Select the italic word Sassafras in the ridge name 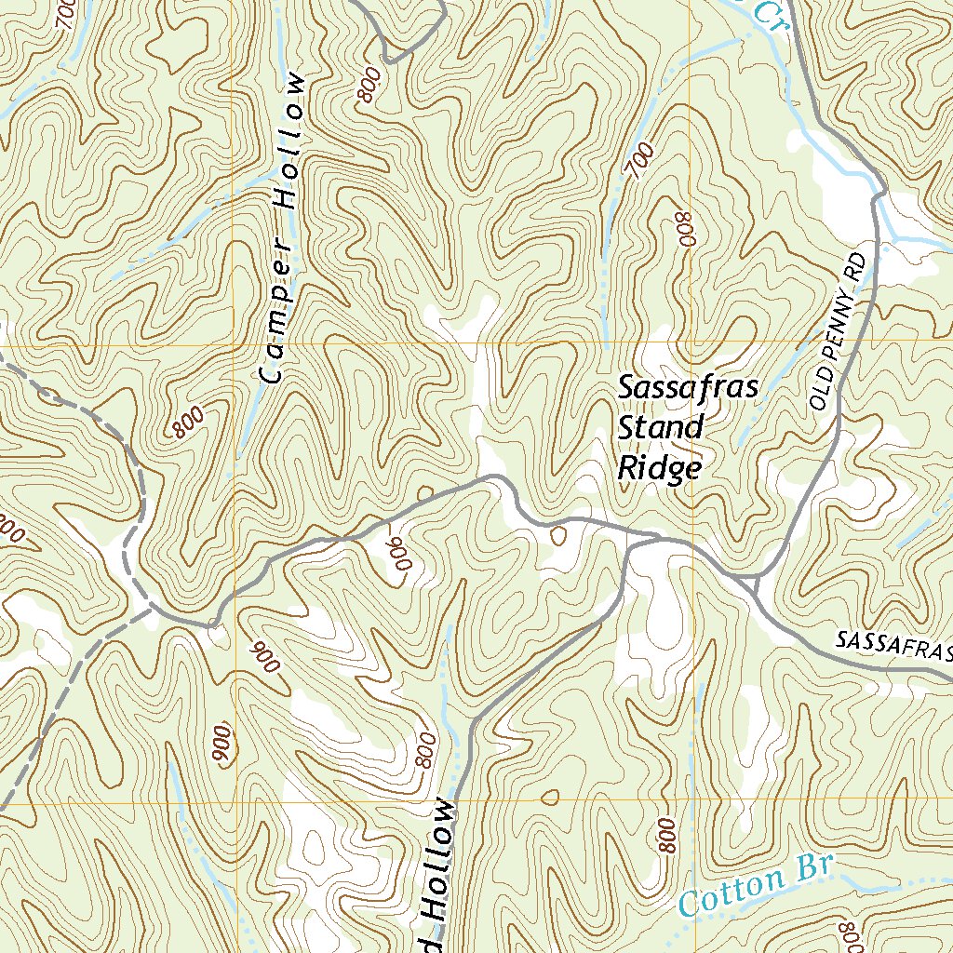690,387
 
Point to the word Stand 661,428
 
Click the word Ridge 659,468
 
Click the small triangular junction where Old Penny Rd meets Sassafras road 754,584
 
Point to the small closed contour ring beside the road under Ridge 558,536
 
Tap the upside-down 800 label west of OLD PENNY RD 686,228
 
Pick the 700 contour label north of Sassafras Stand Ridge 640,162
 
